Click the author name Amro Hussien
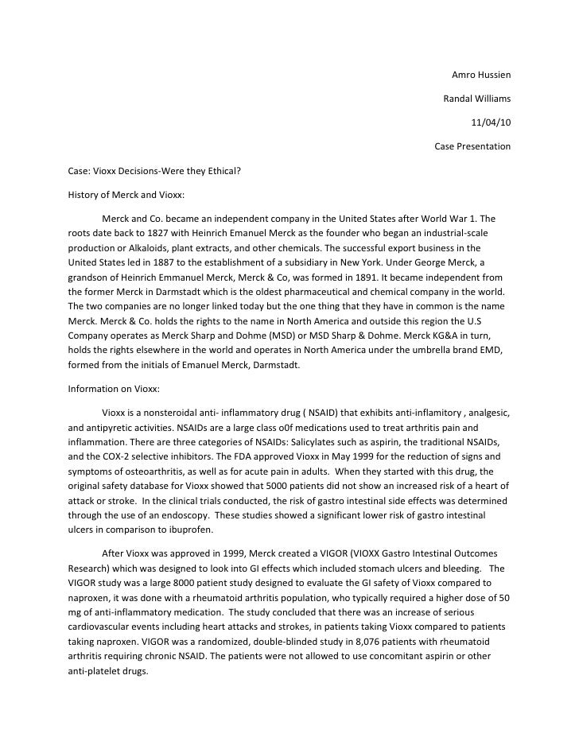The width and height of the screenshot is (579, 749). (480, 76)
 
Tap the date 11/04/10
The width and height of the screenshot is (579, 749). (491, 123)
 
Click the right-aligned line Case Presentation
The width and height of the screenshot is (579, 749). (472, 147)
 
